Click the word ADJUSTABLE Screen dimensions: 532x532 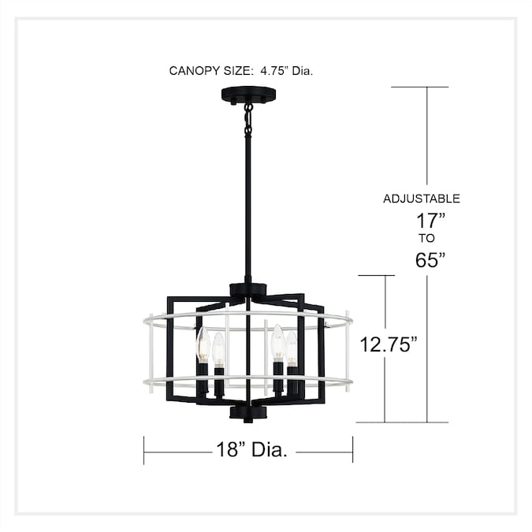(422, 199)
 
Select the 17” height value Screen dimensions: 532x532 (430, 221)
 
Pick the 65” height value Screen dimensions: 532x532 (430, 260)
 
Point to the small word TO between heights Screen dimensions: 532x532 (426, 238)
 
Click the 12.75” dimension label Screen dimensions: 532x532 (389, 344)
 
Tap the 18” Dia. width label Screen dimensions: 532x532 (251, 450)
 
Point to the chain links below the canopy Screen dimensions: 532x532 (249, 120)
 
